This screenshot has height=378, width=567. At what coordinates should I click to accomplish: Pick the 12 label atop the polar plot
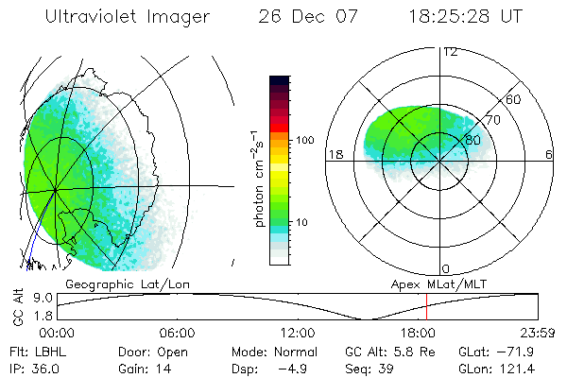point(450,51)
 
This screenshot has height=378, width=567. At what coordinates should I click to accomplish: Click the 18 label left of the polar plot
point(334,154)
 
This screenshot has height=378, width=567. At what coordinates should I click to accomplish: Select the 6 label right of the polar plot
point(549,154)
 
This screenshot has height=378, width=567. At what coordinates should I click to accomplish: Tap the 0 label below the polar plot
point(445,269)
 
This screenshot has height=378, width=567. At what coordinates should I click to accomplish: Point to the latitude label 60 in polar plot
point(514,99)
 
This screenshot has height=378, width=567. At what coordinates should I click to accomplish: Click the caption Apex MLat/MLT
point(436,283)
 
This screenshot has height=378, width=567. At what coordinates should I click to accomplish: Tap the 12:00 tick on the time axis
point(298,333)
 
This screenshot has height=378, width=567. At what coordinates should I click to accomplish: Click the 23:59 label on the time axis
point(534,333)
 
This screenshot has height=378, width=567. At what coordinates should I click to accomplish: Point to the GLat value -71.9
point(522,351)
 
